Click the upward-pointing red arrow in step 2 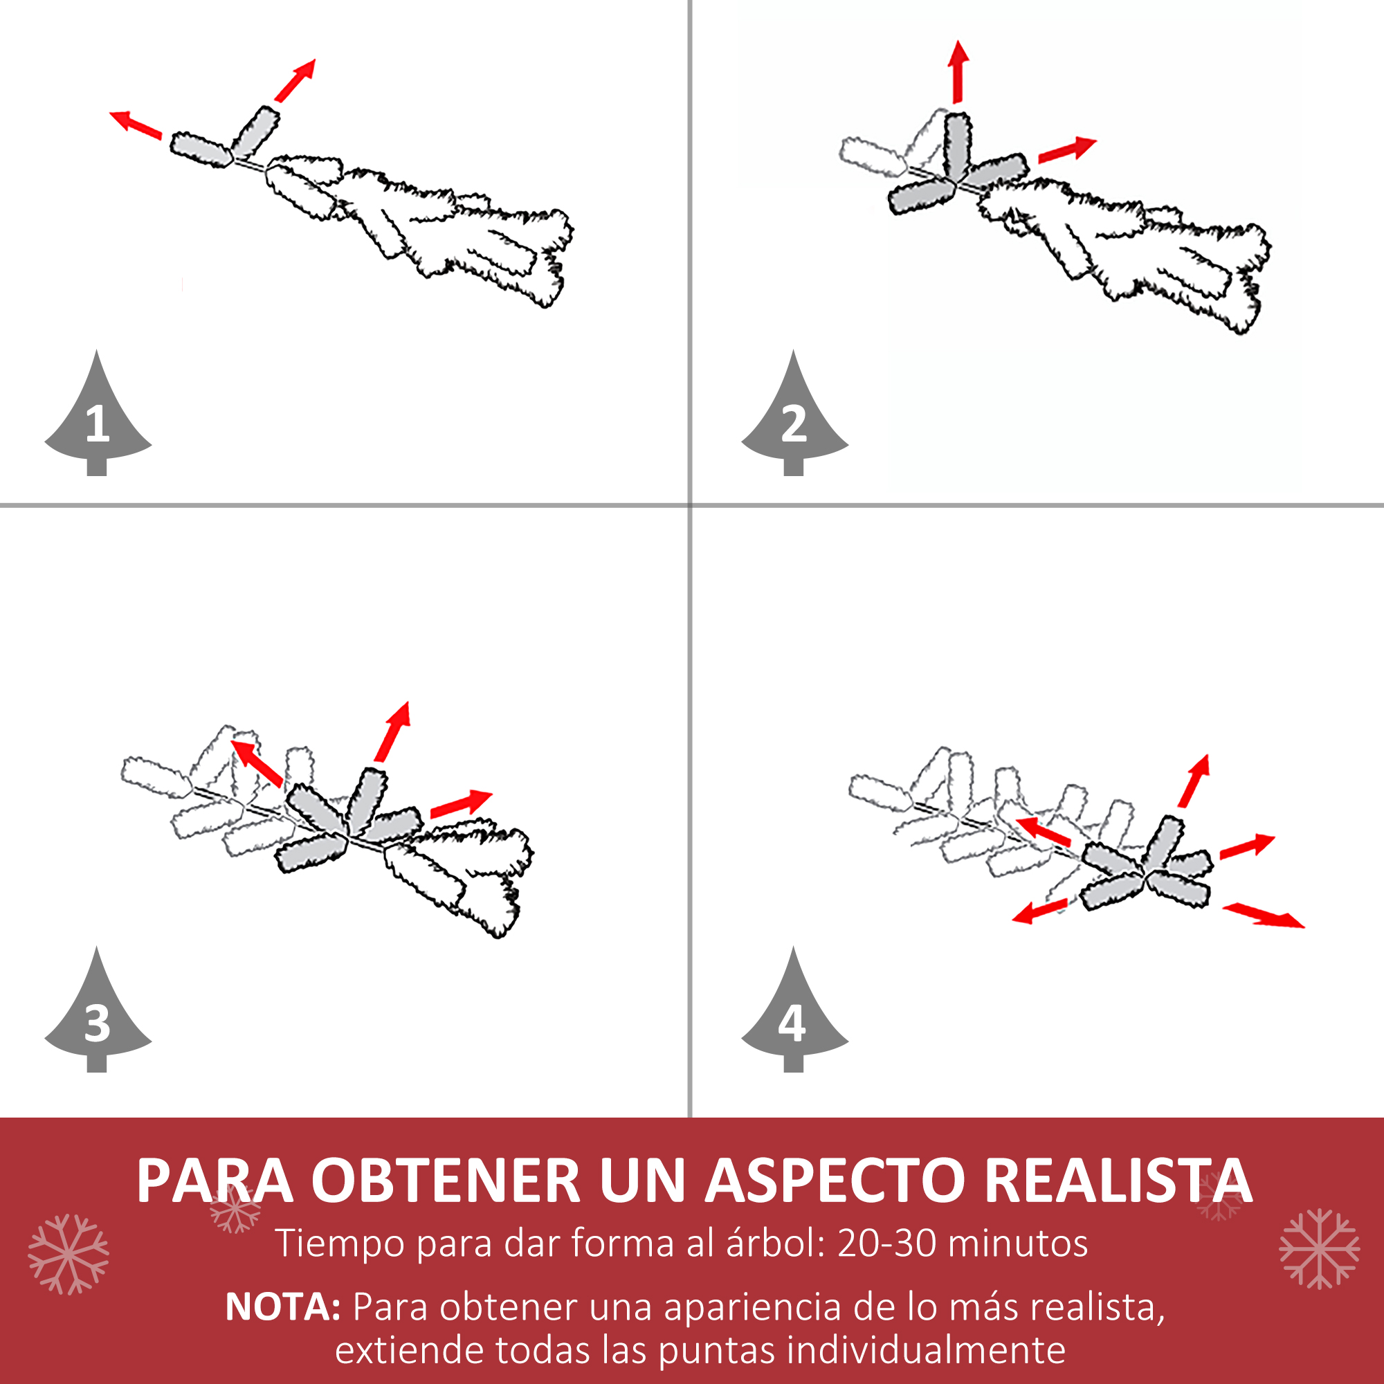click(958, 72)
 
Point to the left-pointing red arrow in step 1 click(136, 125)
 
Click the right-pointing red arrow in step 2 click(1067, 149)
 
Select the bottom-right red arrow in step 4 click(1264, 916)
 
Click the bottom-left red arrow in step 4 click(1040, 912)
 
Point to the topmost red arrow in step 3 click(392, 731)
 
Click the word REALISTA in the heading click(1118, 1181)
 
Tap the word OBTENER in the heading click(446, 1181)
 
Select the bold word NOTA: click(283, 1307)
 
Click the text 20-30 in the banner click(886, 1244)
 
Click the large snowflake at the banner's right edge click(1320, 1248)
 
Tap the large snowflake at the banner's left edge click(69, 1255)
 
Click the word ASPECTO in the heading click(835, 1181)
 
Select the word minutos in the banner click(1017, 1244)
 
